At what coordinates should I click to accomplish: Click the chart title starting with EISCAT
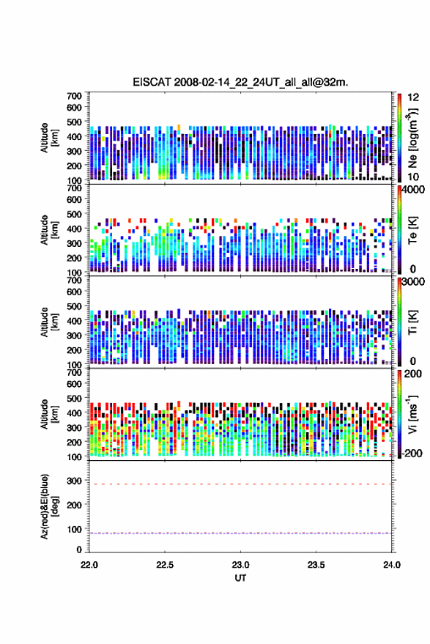(240, 82)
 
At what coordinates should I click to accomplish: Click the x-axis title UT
(240, 578)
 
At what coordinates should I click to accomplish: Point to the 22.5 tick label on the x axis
(165, 565)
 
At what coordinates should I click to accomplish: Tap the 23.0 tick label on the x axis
(240, 565)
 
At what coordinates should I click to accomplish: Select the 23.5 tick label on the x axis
(316, 565)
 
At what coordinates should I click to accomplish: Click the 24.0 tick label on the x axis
(391, 565)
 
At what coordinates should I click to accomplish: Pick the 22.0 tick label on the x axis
(89, 565)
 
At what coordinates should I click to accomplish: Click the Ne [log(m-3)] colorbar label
(412, 138)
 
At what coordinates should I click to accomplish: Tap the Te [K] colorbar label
(412, 230)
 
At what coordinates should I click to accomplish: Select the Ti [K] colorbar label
(412, 322)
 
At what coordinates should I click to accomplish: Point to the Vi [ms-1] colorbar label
(412, 414)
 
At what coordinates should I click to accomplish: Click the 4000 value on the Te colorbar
(414, 190)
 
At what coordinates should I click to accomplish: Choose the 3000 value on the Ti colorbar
(414, 282)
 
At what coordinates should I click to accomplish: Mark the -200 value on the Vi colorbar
(412, 454)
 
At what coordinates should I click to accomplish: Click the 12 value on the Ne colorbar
(413, 97)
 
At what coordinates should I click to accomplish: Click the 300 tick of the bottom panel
(74, 481)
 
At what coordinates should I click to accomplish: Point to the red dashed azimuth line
(240, 484)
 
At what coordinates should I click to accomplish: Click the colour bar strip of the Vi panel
(399, 414)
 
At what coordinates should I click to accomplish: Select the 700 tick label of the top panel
(74, 96)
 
